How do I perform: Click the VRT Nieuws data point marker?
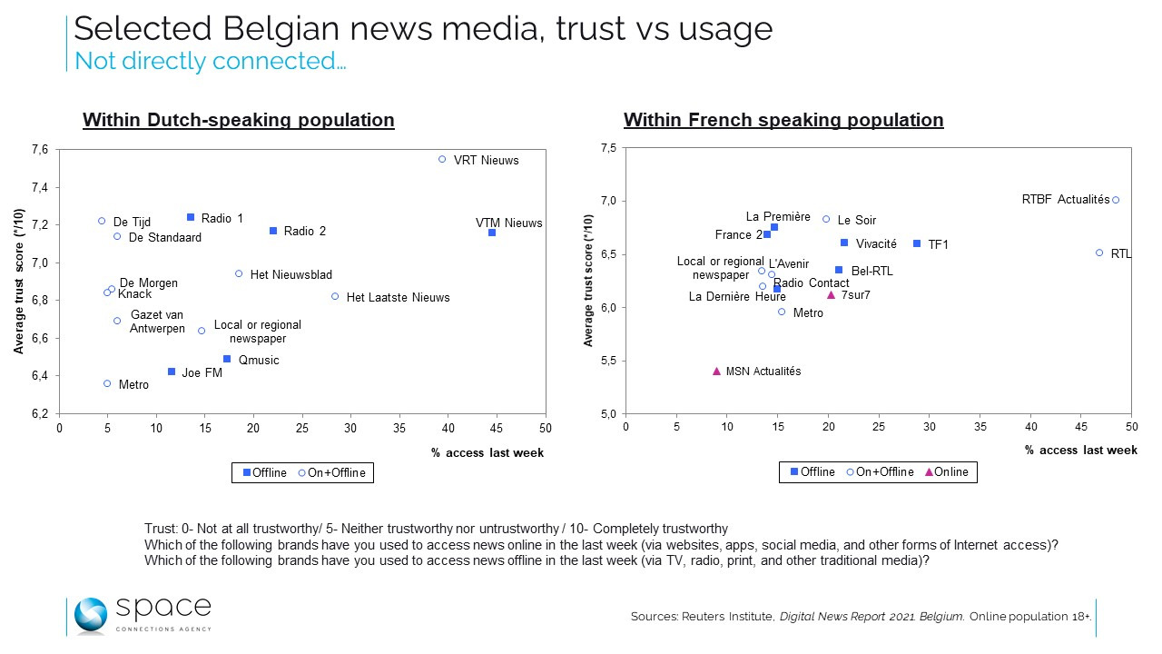(x=442, y=159)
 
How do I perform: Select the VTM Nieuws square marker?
(x=492, y=233)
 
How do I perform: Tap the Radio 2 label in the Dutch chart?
(x=304, y=232)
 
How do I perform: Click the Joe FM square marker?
(x=172, y=372)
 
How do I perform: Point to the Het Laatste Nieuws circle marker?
(x=335, y=296)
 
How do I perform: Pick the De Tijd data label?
(x=132, y=222)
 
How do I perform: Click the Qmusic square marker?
(x=227, y=359)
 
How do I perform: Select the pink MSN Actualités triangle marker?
(x=716, y=371)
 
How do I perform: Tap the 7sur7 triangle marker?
(x=831, y=294)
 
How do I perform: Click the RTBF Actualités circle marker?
(x=1116, y=200)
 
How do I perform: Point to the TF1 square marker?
(x=917, y=243)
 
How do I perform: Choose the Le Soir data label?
(x=856, y=220)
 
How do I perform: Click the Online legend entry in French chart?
(x=946, y=471)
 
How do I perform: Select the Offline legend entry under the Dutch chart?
(x=265, y=472)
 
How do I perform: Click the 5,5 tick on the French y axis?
(x=608, y=361)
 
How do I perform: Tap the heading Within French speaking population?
(x=783, y=120)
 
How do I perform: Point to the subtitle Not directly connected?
(x=210, y=62)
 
